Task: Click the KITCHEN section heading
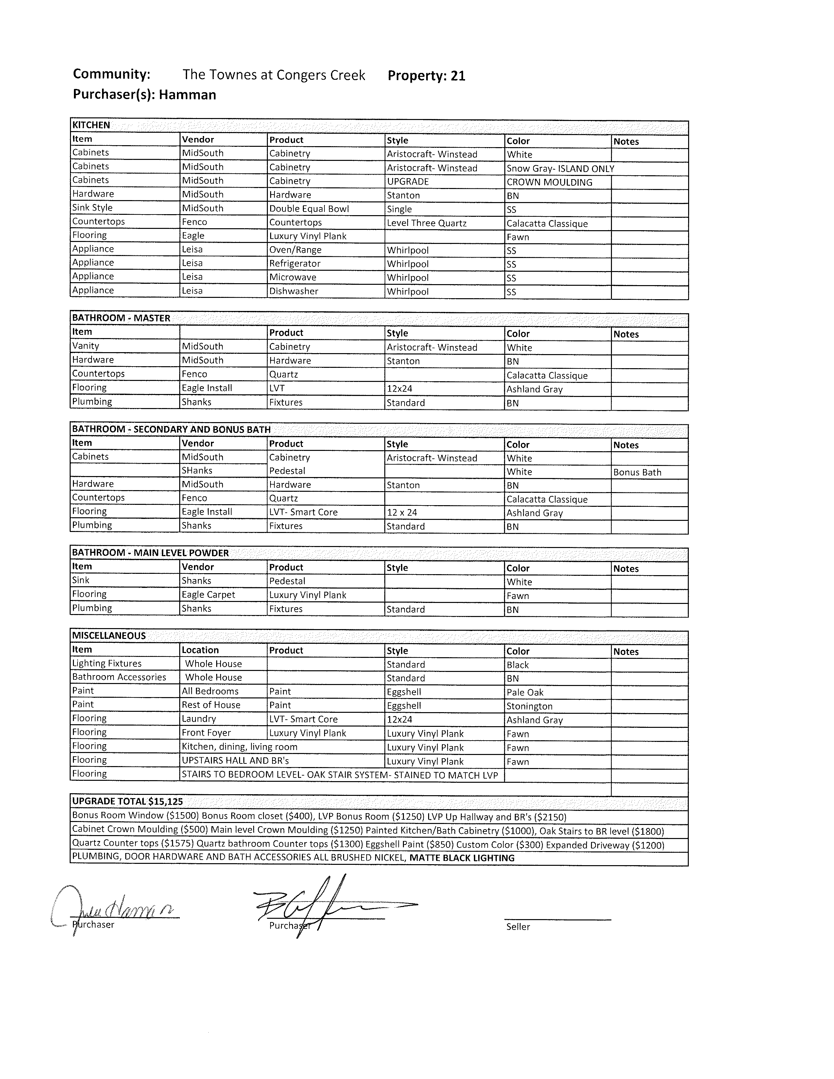pyautogui.click(x=91, y=125)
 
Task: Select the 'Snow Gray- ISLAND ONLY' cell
pyautogui.click(x=560, y=168)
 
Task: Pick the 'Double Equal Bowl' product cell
pyautogui.click(x=309, y=209)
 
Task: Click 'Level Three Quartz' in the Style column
pyautogui.click(x=426, y=223)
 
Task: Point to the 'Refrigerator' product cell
pyautogui.click(x=294, y=263)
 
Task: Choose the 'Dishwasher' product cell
pyautogui.click(x=293, y=291)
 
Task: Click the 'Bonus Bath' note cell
pyautogui.click(x=637, y=472)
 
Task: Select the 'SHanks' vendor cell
pyautogui.click(x=197, y=470)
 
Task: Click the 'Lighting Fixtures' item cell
pyautogui.click(x=107, y=663)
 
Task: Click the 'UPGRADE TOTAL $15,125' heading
pyautogui.click(x=127, y=801)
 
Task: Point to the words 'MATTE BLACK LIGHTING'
pyautogui.click(x=461, y=858)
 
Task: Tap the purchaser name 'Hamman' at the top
pyautogui.click(x=187, y=94)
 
